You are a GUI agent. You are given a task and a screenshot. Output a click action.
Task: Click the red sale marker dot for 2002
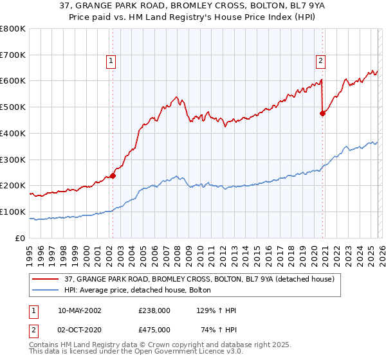point(113,175)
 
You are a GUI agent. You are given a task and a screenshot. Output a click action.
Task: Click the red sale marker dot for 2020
point(322,113)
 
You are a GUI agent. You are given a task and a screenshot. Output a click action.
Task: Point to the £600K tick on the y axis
point(13,81)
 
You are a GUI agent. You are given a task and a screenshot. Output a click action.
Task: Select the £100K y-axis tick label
point(13,212)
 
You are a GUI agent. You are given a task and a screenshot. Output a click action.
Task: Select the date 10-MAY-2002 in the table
point(80,310)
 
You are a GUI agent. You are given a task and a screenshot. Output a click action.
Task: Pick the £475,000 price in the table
point(154,329)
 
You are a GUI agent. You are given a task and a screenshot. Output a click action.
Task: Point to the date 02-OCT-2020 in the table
point(80,329)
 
